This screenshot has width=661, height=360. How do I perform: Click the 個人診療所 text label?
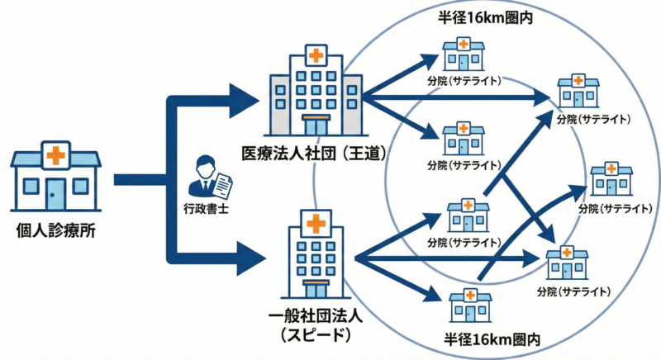tap(55, 231)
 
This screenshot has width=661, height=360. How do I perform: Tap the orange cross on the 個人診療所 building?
tap(56, 154)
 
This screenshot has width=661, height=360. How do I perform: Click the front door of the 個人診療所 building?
tap(56, 195)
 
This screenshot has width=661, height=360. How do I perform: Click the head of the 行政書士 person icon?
tap(204, 162)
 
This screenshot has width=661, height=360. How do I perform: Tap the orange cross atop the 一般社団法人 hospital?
tap(314, 223)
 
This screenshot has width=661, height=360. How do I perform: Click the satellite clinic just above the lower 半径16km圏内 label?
tap(464, 306)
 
